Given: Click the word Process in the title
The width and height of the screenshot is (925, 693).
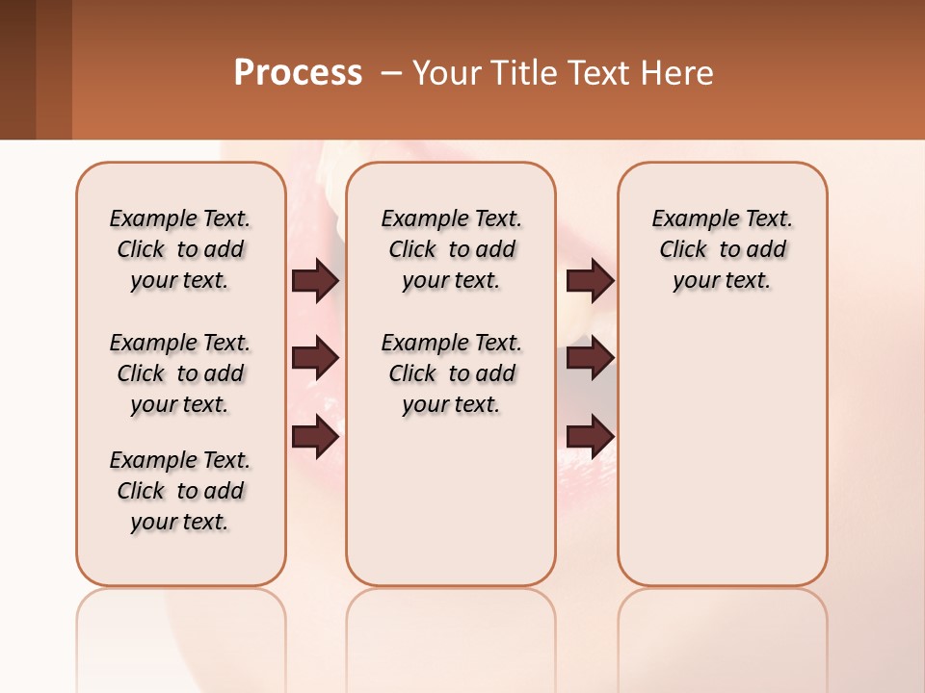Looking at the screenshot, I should (298, 73).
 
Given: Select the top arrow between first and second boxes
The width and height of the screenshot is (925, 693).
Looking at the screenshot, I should (315, 281).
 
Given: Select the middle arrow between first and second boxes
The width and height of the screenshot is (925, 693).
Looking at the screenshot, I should (315, 359).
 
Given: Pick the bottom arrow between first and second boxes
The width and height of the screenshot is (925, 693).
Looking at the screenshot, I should (315, 436).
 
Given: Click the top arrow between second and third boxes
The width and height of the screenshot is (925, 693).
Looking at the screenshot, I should (590, 281).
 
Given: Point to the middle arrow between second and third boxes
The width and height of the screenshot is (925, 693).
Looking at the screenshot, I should (590, 359).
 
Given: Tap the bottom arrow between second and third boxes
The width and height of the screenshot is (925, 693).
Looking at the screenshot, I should (590, 436).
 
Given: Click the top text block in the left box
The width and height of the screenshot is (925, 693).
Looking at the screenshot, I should (180, 249).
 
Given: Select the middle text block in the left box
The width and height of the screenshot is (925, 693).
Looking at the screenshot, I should (180, 373).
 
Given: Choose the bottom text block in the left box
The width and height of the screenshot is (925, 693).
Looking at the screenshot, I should (180, 491).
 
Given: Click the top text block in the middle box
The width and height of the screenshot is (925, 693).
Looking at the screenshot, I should (451, 249).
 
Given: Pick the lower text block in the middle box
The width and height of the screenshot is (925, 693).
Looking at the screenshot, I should (451, 373).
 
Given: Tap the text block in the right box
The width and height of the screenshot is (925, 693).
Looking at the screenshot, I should (722, 249).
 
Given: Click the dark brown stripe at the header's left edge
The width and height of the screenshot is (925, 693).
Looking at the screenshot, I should (17, 69).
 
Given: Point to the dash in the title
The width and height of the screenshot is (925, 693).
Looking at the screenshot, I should (391, 73).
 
